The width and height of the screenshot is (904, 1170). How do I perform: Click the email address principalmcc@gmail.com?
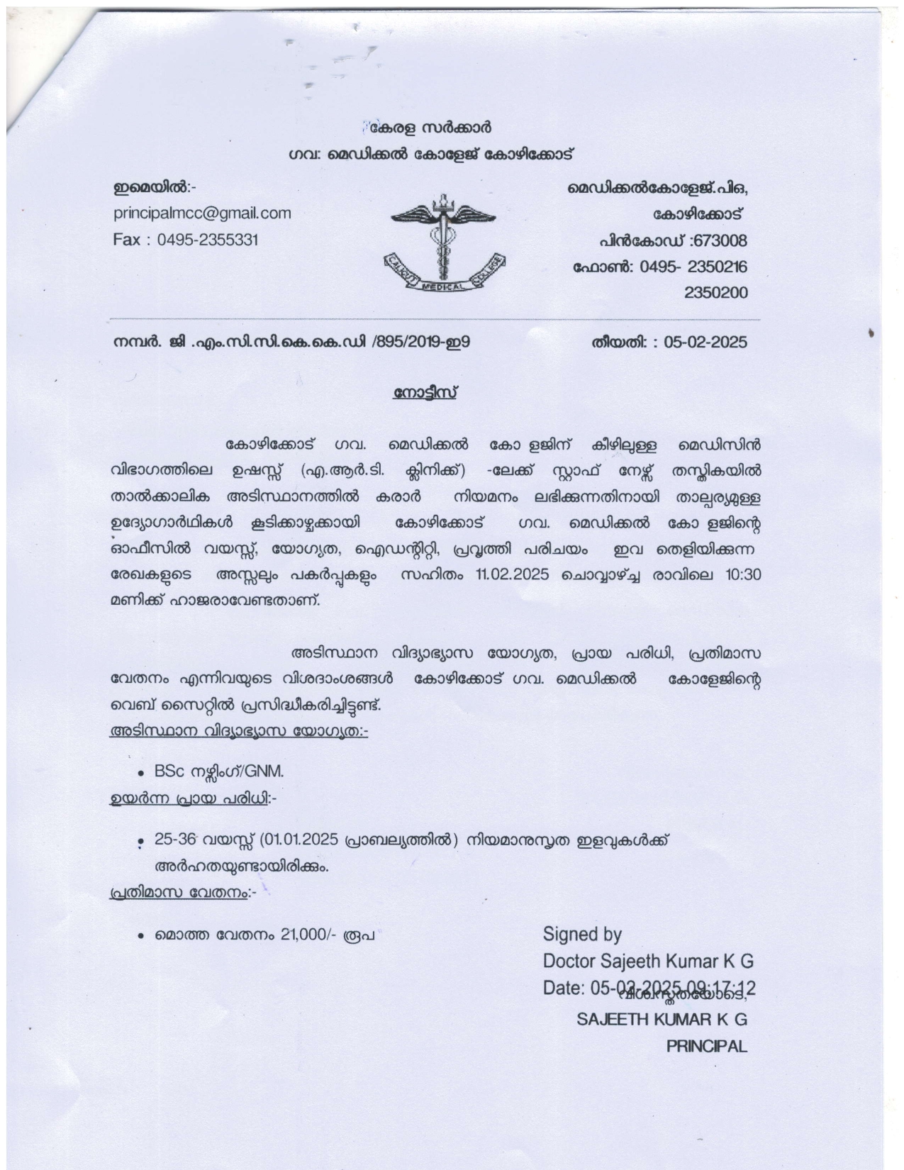[x=202, y=213]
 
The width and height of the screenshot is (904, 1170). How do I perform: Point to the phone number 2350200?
[x=715, y=292]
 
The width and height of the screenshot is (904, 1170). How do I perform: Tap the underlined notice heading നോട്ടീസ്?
[x=424, y=392]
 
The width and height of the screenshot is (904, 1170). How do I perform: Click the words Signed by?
[x=582, y=934]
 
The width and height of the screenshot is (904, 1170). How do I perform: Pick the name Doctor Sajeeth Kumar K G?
[x=648, y=961]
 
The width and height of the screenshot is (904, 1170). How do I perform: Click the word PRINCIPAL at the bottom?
[x=706, y=1046]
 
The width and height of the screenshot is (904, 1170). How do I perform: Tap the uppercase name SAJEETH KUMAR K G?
[x=662, y=1019]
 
